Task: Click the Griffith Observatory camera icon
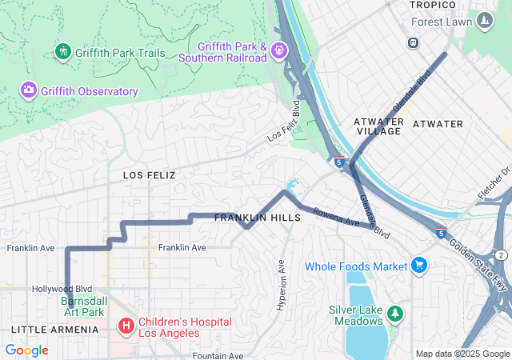tap(29, 90)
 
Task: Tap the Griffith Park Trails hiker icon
tap(63, 52)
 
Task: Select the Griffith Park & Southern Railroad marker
tap(278, 50)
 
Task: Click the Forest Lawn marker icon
tap(484, 21)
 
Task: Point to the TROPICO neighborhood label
tap(432, 6)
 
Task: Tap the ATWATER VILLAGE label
tap(378, 126)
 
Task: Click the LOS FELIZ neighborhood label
tap(149, 174)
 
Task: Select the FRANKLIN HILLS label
tap(257, 218)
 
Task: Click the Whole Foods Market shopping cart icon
tap(419, 265)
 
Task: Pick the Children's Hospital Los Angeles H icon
tap(126, 326)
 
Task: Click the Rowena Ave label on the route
tap(332, 216)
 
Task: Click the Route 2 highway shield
tap(501, 254)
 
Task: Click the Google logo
tap(27, 350)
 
